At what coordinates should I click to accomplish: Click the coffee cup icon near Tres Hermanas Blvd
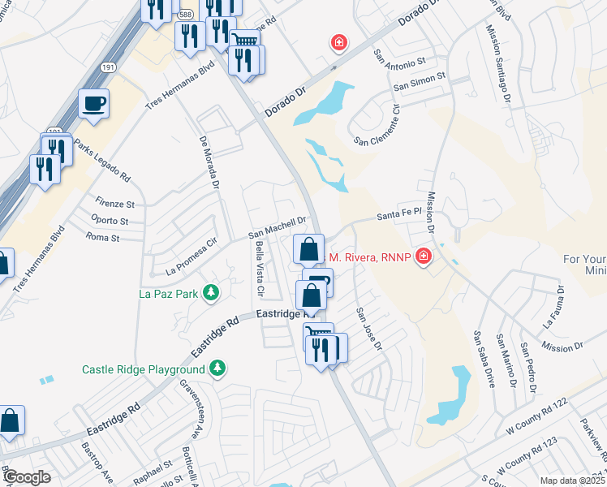pos(93,103)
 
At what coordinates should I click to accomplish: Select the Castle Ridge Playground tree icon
pos(217,368)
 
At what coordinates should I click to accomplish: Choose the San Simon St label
pos(420,85)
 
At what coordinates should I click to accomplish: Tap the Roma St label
pos(102,238)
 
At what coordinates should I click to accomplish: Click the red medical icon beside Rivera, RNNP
pos(422,258)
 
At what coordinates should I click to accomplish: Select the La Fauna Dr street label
pos(553,306)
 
